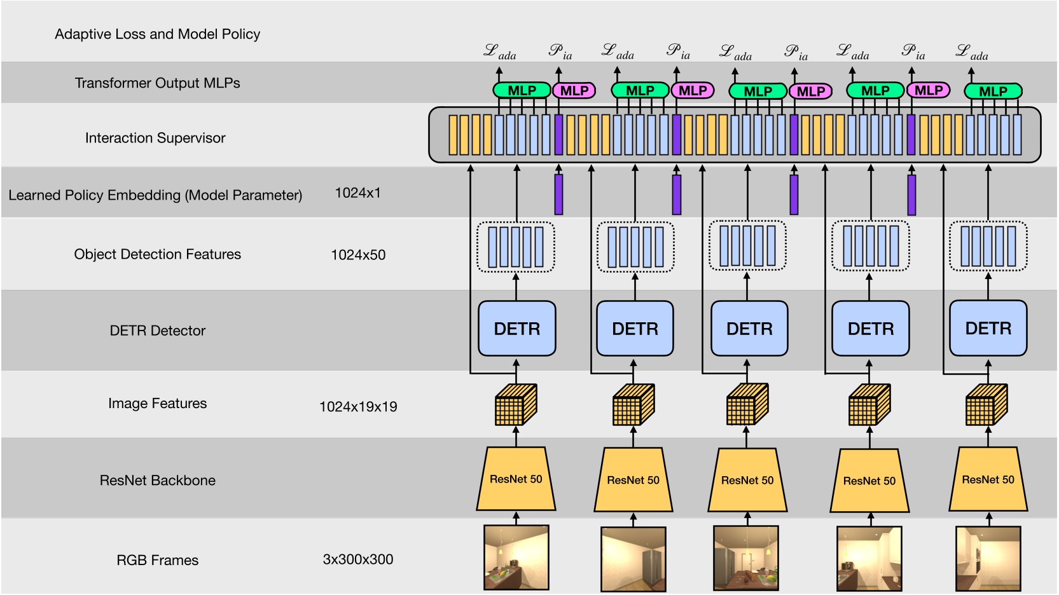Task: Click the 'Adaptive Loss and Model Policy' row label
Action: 157,34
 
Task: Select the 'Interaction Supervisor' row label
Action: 155,138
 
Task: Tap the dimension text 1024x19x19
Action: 358,407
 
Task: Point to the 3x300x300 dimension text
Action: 358,559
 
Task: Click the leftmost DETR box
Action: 516,329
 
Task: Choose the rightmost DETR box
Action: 988,329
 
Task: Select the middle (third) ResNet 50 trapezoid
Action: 747,480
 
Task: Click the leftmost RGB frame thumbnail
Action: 516,557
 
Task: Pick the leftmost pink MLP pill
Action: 574,91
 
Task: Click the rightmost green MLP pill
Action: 993,92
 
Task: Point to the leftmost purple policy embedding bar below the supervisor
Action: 558,195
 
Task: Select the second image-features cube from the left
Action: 633,405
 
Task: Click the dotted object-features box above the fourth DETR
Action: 870,246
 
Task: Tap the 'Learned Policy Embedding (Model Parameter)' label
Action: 155,195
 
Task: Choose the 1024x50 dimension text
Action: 358,255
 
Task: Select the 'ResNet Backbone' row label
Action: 157,481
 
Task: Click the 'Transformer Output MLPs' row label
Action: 157,83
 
